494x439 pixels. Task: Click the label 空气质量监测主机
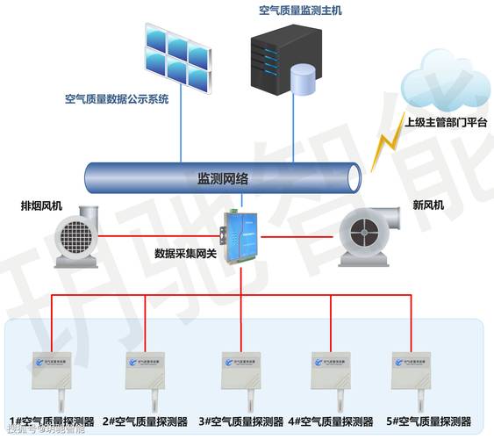pyautogui.click(x=301, y=11)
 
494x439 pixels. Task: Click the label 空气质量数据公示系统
pyautogui.click(x=117, y=99)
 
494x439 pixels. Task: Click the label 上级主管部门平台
pyautogui.click(x=446, y=123)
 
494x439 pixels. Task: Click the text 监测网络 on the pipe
pyautogui.click(x=223, y=178)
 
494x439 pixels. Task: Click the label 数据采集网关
pyautogui.click(x=186, y=254)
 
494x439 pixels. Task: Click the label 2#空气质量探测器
pyautogui.click(x=146, y=421)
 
